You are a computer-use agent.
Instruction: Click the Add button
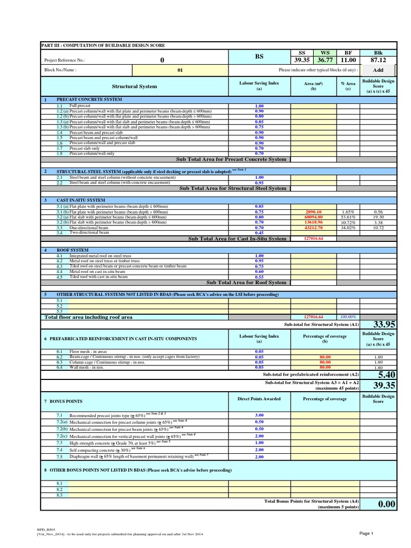pos(378,70)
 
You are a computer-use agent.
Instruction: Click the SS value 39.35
pos(302,60)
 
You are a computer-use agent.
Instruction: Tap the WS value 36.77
pos(325,60)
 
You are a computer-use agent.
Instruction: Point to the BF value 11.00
pos(348,60)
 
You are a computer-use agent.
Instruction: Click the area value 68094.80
pos(313,217)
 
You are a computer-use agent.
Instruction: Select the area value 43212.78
pos(313,227)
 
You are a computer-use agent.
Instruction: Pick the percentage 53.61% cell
pos(348,217)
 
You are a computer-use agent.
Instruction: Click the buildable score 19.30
pos(378,217)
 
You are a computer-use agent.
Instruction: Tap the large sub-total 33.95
pos(384,324)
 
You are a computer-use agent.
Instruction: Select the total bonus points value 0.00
pos(386,504)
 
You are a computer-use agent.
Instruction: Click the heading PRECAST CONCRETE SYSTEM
pos(89,100)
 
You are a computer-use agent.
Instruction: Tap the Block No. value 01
pos(180,70)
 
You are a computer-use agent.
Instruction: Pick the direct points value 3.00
pos(259,415)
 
